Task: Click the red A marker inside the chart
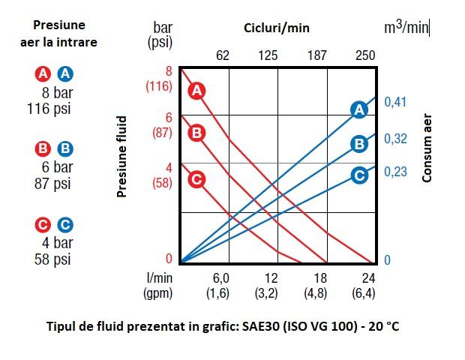coord(196,91)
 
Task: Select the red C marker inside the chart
coord(196,179)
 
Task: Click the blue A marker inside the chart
coord(359,109)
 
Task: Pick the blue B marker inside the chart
coord(359,143)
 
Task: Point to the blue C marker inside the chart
coord(359,176)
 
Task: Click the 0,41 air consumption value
coord(395,102)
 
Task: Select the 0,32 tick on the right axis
coord(395,139)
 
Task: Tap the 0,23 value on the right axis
coord(395,172)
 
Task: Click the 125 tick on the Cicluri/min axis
coord(268,55)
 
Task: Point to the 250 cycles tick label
coord(365,55)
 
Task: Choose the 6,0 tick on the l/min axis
coord(220,277)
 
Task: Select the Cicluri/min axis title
coord(276,28)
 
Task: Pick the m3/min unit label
coord(406,28)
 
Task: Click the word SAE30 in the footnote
coord(253,327)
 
